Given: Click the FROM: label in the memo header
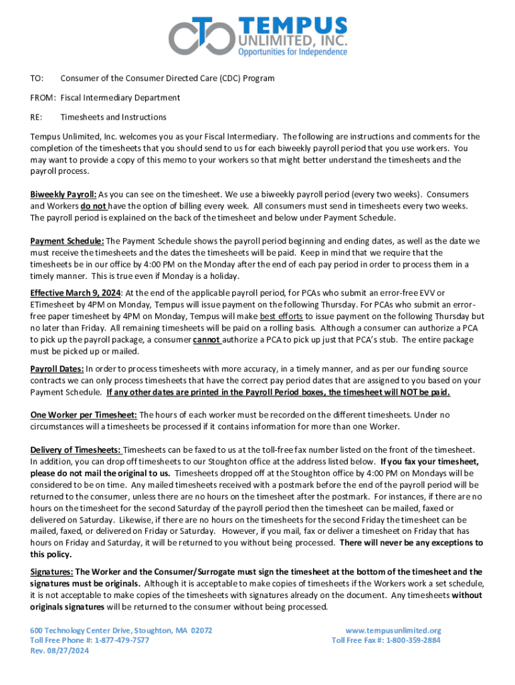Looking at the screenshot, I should (44, 98).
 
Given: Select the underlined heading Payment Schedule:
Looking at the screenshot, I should (67, 241).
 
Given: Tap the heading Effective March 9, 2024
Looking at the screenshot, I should (75, 292).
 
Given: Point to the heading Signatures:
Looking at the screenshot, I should (52, 572).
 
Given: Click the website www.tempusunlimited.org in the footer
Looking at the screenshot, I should (393, 631).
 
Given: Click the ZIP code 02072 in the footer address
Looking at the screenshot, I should (202, 631).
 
